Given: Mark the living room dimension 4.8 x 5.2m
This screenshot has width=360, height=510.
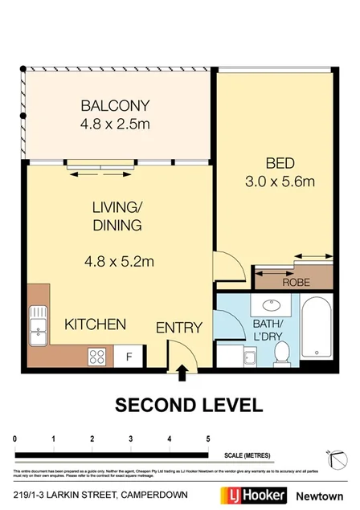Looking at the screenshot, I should click(x=119, y=260).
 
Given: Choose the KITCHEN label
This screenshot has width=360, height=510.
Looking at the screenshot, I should click(x=95, y=324).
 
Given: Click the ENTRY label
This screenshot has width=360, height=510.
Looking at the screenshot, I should click(x=178, y=328).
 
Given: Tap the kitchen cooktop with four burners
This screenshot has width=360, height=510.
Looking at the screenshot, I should click(x=100, y=354).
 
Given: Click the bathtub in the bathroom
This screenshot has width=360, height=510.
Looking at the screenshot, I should click(x=316, y=330).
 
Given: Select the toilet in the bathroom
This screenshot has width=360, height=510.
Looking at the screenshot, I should click(x=281, y=352).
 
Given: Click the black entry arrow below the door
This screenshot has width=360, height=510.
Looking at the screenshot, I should click(x=182, y=371).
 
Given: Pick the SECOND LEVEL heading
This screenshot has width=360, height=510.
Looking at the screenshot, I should click(x=187, y=404).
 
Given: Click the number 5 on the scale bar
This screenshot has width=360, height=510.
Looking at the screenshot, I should click(x=208, y=439).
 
